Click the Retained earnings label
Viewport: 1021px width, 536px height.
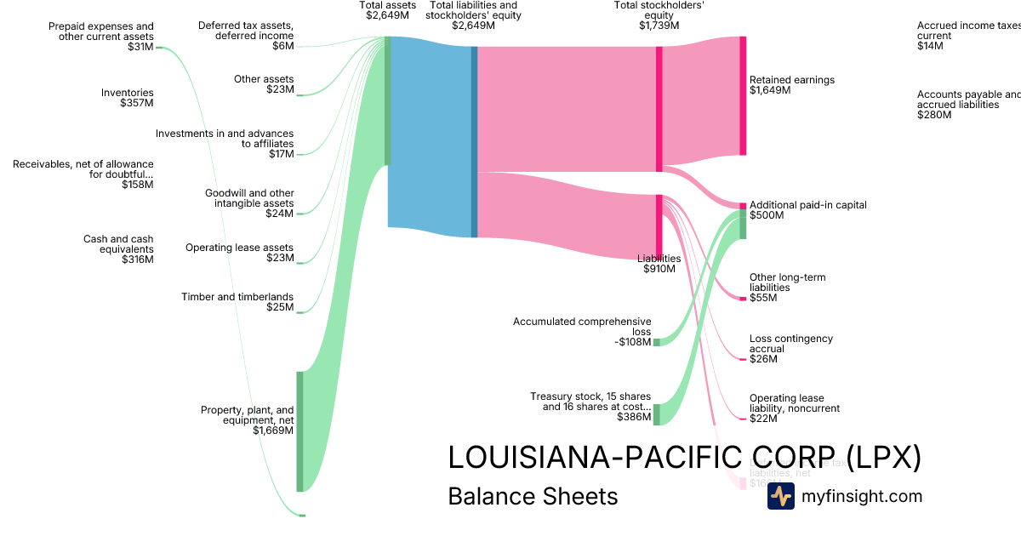792,80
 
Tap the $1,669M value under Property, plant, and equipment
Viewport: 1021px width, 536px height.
273,431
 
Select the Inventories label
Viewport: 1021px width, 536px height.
127,93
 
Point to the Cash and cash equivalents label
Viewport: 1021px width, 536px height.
118,244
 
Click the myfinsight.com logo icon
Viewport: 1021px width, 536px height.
780,496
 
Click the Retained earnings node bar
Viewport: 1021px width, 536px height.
743,96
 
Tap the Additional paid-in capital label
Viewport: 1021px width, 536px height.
807,205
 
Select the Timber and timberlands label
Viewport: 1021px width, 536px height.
237,297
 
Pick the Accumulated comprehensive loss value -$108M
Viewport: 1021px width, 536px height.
632,342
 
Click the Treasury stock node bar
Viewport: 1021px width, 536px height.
656,414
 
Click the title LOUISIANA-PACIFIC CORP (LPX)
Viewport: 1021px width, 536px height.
684,457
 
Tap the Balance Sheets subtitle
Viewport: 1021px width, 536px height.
533,496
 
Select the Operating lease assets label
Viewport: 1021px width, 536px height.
239,248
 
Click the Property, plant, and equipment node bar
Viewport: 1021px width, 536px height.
299,431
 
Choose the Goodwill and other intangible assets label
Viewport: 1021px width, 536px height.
249,197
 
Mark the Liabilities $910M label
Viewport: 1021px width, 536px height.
659,264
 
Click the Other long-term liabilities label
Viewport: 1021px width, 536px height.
787,282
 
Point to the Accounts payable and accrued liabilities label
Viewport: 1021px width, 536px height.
968,100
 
